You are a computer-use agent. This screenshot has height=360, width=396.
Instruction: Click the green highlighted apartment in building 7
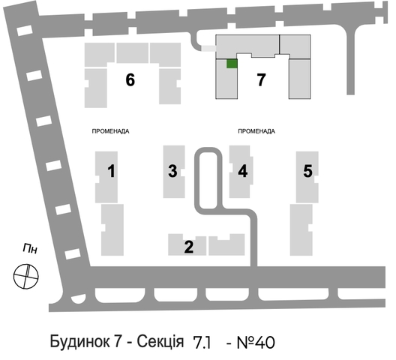232,64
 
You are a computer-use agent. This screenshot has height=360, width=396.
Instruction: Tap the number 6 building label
130,79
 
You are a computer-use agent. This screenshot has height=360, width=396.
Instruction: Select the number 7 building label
261,79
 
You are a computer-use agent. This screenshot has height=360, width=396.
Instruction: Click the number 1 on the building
111,171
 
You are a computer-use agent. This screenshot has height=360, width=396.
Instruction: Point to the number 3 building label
172,171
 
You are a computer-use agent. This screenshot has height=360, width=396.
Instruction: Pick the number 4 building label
243,171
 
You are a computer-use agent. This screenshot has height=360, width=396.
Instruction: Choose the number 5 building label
307,171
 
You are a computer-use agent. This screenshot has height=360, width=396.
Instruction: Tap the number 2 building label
189,247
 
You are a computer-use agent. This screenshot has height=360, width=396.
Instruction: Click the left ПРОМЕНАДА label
110,131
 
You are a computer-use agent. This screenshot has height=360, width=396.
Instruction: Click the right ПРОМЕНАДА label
256,131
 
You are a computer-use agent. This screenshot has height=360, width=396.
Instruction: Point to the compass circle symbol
26,277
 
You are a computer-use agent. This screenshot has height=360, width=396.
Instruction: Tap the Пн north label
30,248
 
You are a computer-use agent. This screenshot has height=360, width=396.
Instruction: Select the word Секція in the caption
160,342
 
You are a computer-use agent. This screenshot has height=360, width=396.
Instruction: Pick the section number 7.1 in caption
202,343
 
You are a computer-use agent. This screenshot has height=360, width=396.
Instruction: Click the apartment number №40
256,343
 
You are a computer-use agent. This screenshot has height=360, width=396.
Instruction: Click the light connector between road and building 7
208,48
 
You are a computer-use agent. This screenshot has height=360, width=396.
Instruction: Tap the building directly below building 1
112,230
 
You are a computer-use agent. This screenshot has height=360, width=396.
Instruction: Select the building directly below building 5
301,230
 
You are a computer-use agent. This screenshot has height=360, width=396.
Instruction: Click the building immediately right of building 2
226,245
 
